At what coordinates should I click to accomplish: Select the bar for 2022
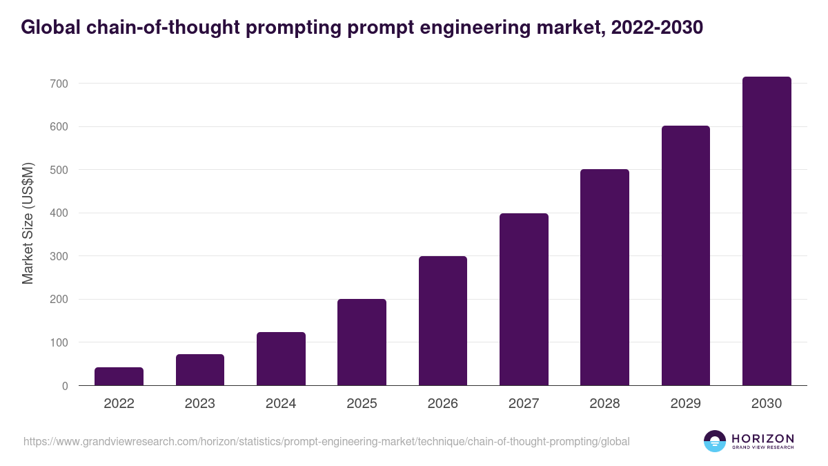(x=119, y=376)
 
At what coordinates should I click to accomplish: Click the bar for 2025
(x=362, y=342)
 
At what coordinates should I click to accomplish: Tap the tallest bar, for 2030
(x=767, y=231)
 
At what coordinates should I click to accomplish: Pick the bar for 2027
(x=524, y=300)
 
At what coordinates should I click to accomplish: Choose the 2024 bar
(x=281, y=359)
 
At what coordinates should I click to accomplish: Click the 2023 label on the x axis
(x=199, y=404)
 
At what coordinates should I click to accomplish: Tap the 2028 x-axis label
(x=604, y=404)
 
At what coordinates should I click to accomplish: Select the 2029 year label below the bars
(x=685, y=404)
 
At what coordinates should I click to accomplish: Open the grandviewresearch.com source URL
(x=326, y=441)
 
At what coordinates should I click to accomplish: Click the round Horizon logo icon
(x=715, y=441)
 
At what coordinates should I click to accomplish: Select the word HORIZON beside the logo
(x=762, y=438)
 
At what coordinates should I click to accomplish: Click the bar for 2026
(x=442, y=321)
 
